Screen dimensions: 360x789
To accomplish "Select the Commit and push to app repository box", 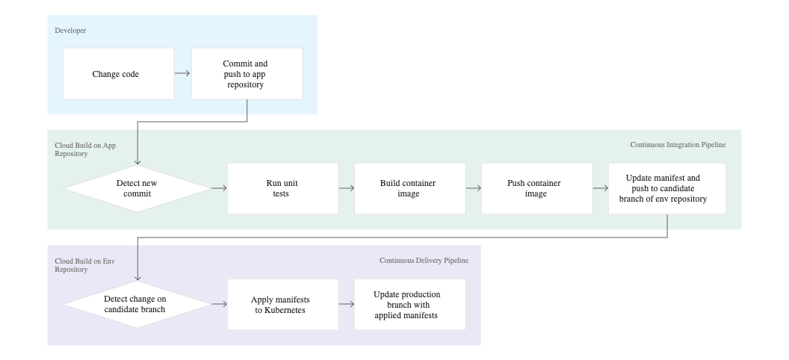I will click(x=247, y=74).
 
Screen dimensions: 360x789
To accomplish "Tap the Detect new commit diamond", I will click(x=137, y=189).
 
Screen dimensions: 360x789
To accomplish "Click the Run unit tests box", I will click(x=282, y=189).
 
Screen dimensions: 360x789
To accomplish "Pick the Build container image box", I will click(x=409, y=189).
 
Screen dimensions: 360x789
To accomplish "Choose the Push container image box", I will click(x=536, y=189).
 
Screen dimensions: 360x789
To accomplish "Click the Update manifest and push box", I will click(x=666, y=189).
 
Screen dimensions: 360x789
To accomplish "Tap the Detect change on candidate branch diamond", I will click(x=137, y=304).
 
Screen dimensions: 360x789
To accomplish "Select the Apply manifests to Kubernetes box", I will click(x=282, y=304).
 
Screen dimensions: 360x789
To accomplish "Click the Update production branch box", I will click(x=409, y=304).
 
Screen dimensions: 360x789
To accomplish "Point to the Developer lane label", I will click(x=71, y=31).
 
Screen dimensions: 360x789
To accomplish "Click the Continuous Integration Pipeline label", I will click(x=677, y=144).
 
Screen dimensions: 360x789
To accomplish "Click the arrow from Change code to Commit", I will click(x=182, y=74).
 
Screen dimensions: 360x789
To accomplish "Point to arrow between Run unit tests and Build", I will click(x=346, y=189).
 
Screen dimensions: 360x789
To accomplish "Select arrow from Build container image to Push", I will click(x=473, y=189).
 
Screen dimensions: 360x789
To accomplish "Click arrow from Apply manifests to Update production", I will click(x=346, y=304).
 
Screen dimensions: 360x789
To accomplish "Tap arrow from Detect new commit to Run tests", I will click(x=219, y=189).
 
